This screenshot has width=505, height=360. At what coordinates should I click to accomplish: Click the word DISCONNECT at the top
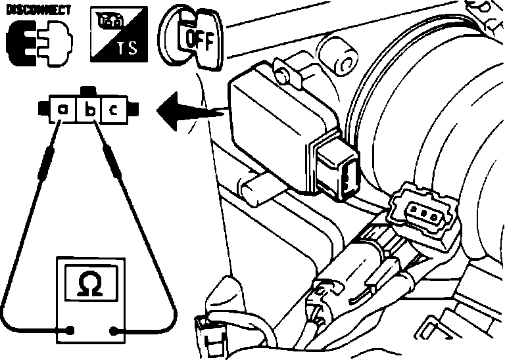point(38,11)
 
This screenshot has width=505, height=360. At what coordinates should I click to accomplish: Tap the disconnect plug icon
point(39,43)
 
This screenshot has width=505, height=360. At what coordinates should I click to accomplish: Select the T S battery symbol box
point(119,34)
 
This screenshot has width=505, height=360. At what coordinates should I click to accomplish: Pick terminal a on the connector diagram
point(62,110)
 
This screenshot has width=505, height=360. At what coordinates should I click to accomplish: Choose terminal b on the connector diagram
point(89,110)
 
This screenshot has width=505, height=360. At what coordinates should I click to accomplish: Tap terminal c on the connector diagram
point(113,110)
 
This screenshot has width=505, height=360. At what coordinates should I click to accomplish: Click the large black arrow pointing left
point(190,111)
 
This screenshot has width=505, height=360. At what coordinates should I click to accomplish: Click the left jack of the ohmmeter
point(70,330)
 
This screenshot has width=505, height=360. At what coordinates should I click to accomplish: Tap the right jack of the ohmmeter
point(113,330)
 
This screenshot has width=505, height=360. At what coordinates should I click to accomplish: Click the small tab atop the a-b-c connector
point(89,91)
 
